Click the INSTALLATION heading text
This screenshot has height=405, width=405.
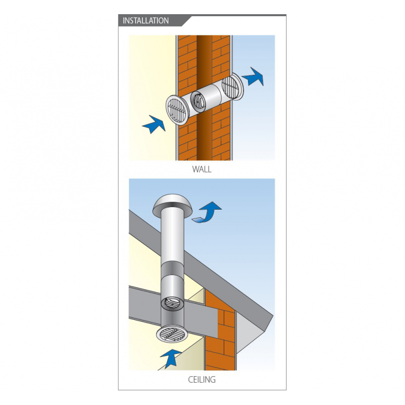(146, 21)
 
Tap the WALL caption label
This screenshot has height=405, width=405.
(201, 170)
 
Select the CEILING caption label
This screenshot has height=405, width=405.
(201, 379)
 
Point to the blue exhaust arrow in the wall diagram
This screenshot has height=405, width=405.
(253, 76)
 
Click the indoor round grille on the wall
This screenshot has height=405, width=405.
(178, 110)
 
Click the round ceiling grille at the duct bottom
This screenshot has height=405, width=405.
(172, 335)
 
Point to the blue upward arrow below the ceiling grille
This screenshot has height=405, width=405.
(171, 358)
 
